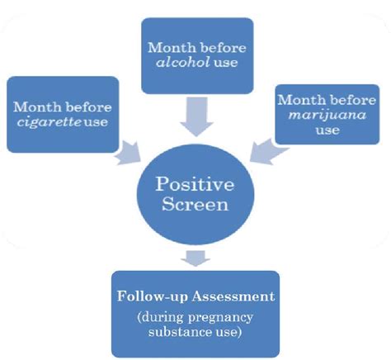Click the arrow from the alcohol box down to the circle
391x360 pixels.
[x=195, y=113]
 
